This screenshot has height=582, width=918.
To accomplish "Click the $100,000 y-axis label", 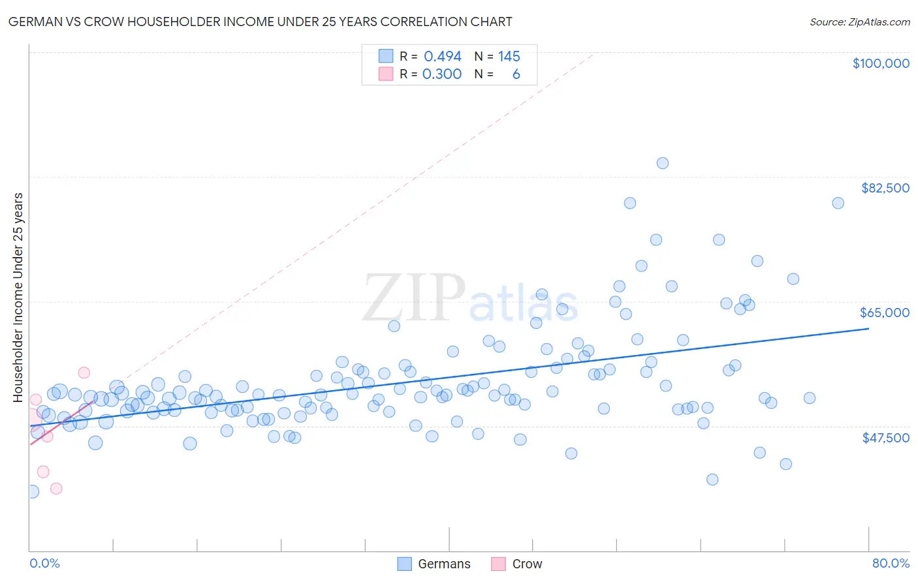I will tap(880, 63).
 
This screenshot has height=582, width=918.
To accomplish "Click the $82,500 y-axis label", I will tap(885, 188).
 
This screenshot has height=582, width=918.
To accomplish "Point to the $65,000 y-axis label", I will tap(884, 313).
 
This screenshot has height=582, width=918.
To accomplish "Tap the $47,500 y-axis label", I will tap(885, 438).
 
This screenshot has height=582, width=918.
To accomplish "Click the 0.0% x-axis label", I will tap(44, 563).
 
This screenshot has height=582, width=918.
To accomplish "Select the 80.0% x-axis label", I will tap(891, 563).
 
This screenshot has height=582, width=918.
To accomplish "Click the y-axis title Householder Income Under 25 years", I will tap(18, 298).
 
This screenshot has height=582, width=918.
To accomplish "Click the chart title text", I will tap(260, 22).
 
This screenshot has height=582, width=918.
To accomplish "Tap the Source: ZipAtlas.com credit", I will tap(859, 22).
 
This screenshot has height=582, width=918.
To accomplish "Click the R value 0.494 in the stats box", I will tap(442, 56).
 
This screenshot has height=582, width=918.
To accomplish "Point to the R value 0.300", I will tap(441, 74).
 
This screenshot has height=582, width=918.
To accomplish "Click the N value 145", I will tap(509, 56).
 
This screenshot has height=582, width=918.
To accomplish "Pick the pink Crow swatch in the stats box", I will tap(386, 74).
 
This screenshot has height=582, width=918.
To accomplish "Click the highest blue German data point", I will tap(662, 163).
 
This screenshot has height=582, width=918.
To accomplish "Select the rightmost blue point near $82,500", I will tap(838, 203).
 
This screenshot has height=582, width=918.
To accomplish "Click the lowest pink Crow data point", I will tap(56, 489).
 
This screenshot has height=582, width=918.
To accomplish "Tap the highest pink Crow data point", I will tap(84, 373).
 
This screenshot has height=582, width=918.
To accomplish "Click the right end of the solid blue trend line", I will tap(868, 329).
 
